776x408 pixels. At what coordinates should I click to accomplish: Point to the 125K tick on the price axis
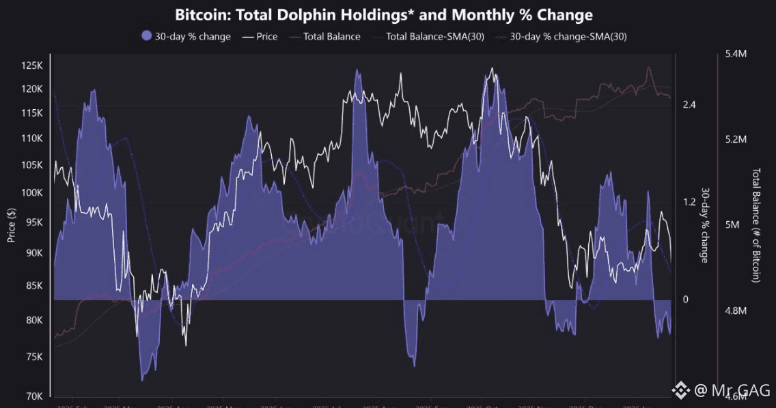coord(31,65)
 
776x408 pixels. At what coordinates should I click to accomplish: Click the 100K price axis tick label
coord(31,193)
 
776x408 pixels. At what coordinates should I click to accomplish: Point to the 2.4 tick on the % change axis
coord(689,104)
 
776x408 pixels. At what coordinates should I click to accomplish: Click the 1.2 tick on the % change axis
coord(689,202)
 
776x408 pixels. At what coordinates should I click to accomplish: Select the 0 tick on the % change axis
coord(686,300)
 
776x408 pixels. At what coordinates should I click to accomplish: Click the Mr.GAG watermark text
coord(732,390)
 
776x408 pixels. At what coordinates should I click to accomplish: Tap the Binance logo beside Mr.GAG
coord(680,390)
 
